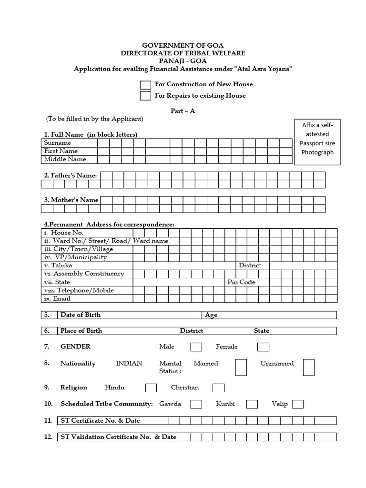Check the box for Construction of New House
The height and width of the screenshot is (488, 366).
point(145,85)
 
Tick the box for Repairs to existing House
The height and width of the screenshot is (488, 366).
point(145,96)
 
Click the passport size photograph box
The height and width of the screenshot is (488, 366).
point(317,142)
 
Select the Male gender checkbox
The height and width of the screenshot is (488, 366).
point(196,347)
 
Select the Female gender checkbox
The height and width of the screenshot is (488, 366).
point(263,347)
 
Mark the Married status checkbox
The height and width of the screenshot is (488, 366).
point(241,367)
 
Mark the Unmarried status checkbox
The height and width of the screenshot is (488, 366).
point(309,367)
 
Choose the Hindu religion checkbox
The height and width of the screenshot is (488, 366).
point(151,388)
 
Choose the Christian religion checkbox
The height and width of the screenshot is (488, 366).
point(218,388)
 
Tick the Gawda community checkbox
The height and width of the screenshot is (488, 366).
point(196,404)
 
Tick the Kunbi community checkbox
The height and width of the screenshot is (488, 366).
point(252,404)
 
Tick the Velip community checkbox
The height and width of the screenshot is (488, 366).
point(297,404)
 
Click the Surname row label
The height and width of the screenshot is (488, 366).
point(58,143)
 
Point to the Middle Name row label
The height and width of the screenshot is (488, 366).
point(65,159)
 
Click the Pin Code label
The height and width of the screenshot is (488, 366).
point(242,282)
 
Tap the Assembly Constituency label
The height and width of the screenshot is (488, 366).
point(84,274)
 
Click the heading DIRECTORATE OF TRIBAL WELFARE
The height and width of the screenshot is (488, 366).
point(183,53)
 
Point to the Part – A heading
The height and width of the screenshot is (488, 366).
point(183,111)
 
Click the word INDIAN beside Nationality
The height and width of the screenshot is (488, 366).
point(129,363)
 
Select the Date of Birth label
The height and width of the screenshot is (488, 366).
point(81,315)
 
